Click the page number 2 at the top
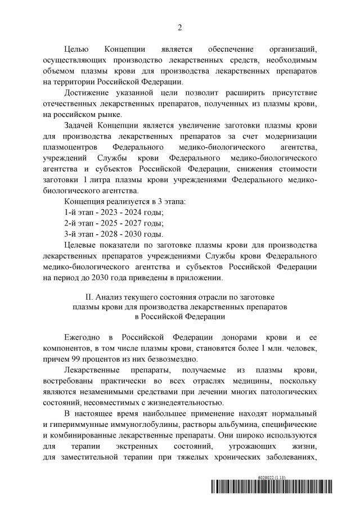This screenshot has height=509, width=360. coord(179,28)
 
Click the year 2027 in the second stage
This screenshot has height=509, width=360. coord(142,223)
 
